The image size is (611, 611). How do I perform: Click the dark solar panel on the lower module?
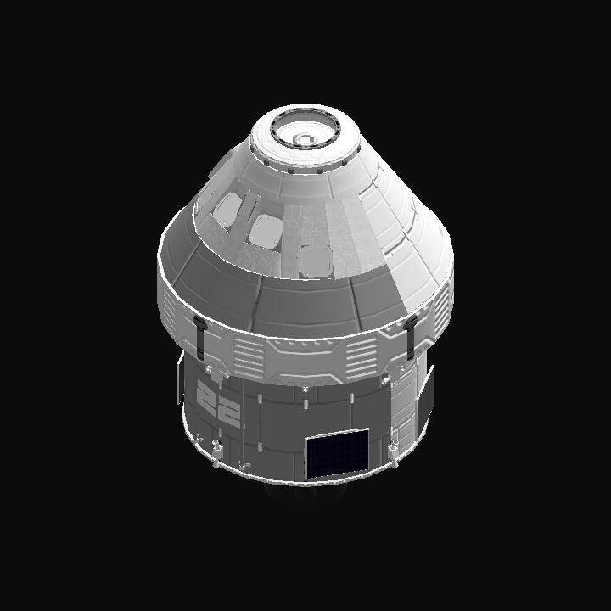(338, 453)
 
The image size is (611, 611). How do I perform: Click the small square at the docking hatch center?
(303, 139)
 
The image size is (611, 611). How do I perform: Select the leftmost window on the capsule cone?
(228, 210)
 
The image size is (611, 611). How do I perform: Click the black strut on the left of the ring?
(200, 338)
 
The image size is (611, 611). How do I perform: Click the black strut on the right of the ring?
(411, 336)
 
